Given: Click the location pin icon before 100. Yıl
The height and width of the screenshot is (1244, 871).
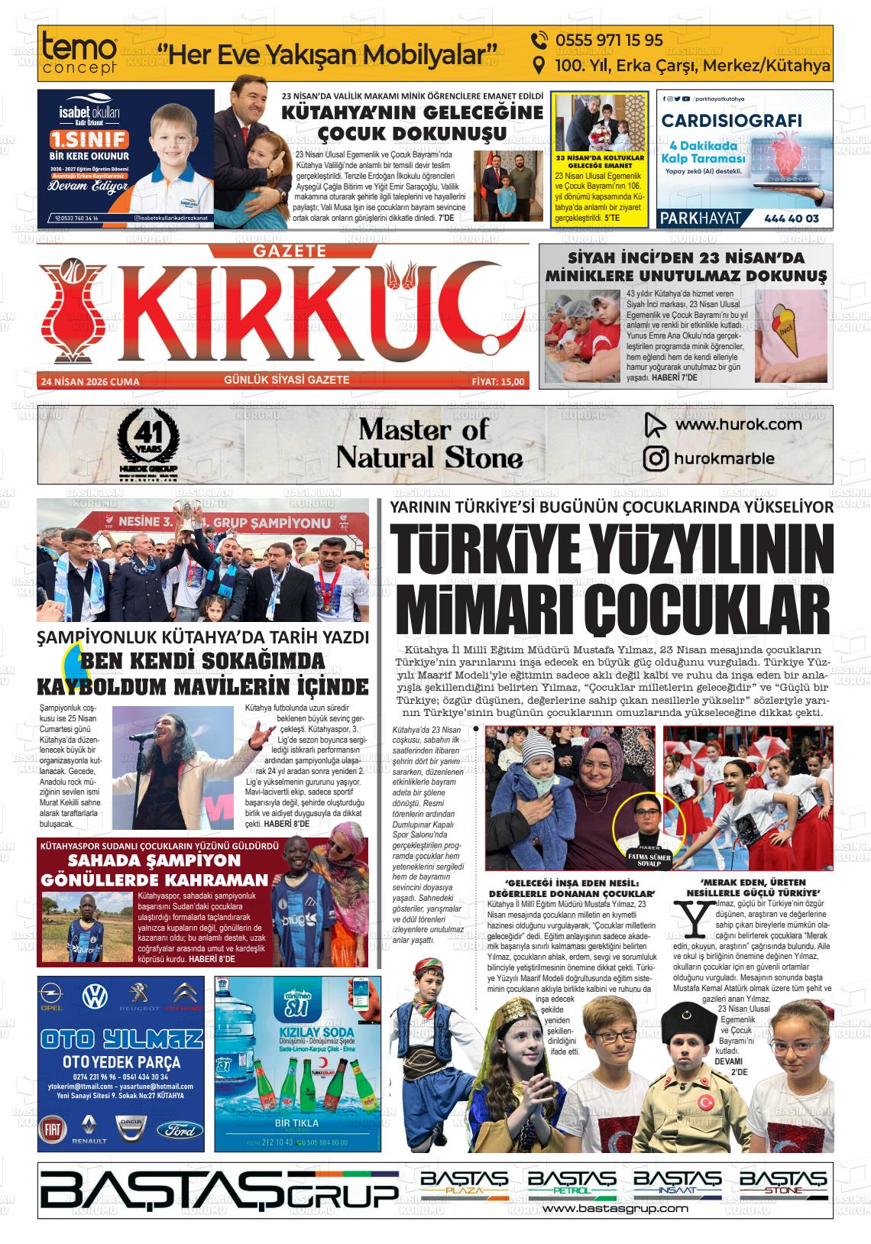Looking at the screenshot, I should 539,66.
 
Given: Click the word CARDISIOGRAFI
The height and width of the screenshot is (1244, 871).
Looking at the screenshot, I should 731,121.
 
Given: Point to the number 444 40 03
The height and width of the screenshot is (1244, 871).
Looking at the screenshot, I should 791,219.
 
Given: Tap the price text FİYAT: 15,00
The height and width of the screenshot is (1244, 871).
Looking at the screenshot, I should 498,381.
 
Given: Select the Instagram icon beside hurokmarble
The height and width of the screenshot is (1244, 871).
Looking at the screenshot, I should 655,458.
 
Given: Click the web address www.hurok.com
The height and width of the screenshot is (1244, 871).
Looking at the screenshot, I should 738,424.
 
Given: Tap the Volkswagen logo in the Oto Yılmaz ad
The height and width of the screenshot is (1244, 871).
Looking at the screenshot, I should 95,996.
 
